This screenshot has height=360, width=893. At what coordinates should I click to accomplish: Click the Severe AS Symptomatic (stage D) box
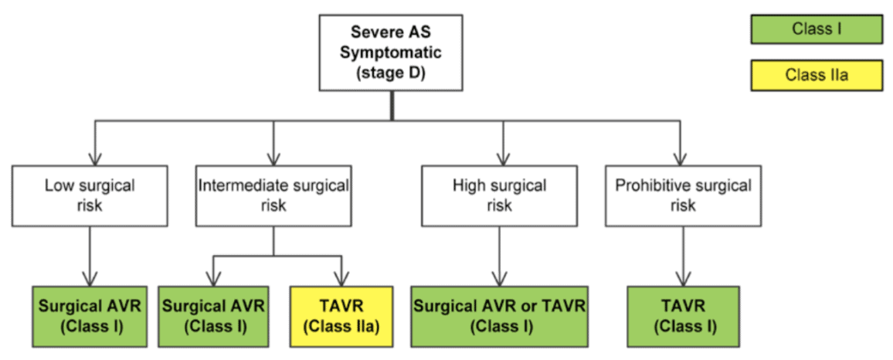click(390, 52)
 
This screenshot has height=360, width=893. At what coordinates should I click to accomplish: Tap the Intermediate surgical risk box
click(273, 195)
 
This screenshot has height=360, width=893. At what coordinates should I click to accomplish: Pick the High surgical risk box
click(500, 195)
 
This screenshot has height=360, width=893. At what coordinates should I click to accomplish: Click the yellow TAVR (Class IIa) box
click(341, 316)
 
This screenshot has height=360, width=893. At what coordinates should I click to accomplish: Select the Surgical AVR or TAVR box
click(499, 316)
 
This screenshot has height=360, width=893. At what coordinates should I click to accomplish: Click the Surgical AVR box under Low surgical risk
click(90, 316)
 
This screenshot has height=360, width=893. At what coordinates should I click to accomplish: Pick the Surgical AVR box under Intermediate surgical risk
click(213, 316)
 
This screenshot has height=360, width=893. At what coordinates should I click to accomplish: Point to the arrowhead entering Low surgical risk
click(94, 159)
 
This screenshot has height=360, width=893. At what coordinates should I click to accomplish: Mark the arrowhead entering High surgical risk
click(502, 159)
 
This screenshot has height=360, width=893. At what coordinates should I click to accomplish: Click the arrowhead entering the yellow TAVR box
click(341, 280)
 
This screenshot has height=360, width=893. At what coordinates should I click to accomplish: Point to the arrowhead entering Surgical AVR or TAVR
click(500, 280)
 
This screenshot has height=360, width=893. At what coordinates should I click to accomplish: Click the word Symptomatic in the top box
click(390, 53)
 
